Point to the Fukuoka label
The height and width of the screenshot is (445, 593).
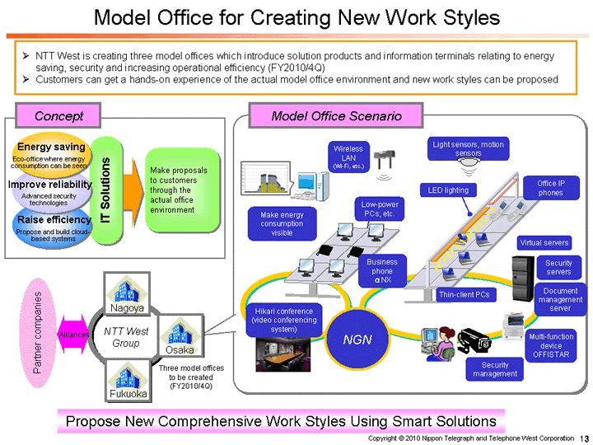127,394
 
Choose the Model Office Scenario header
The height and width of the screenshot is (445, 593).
336,115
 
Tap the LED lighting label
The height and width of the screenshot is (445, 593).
448,190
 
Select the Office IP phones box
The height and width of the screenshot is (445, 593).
550,188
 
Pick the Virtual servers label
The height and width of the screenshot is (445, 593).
544,243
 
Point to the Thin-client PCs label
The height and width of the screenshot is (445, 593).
464,294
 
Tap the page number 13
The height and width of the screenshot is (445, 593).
583,438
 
